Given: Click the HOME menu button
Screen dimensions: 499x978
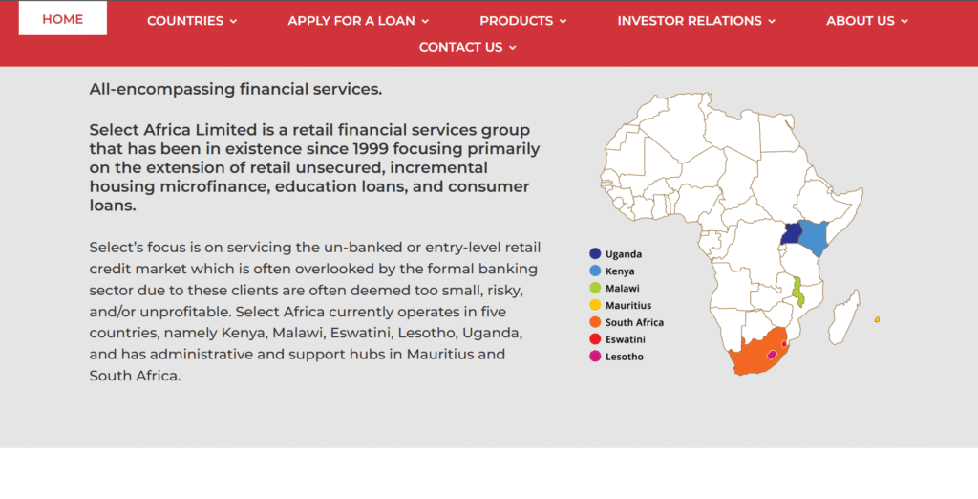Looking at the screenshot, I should click(x=63, y=19).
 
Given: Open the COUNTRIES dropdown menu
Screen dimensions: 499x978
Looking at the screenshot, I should click(x=192, y=21).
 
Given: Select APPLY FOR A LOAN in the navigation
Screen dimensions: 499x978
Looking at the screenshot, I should click(x=358, y=21).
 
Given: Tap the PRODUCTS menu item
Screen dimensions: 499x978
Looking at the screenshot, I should click(x=522, y=21).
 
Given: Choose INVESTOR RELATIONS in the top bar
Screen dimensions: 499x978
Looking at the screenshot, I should click(x=696, y=21).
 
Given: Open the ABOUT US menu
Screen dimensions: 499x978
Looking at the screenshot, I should click(x=867, y=21).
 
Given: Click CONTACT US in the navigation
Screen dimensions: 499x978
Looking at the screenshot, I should click(x=467, y=47).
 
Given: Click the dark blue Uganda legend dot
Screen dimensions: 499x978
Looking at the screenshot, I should click(x=595, y=254).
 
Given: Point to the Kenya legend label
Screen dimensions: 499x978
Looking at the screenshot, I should click(x=620, y=271).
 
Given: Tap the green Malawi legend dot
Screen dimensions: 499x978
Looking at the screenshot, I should click(x=595, y=289).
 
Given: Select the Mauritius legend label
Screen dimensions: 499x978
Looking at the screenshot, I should click(x=628, y=306).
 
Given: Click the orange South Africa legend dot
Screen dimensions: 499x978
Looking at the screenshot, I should click(x=595, y=323).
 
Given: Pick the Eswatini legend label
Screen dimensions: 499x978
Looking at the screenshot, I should click(x=625, y=339).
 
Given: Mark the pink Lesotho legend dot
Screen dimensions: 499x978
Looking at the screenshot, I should click(x=595, y=357).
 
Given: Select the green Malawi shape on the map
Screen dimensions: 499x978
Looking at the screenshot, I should click(x=798, y=291).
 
